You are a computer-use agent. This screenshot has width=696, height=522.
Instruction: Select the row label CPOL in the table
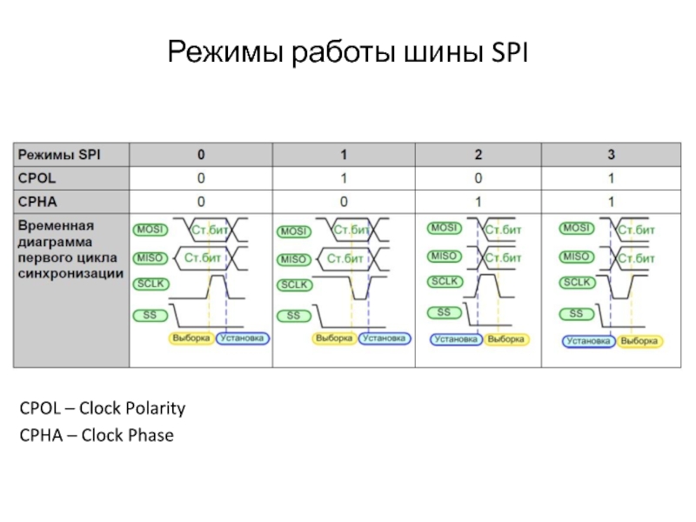pos(38,178)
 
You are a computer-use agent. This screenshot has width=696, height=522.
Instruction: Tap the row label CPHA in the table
pos(38,202)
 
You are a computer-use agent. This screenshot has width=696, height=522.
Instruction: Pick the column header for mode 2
pos(478,155)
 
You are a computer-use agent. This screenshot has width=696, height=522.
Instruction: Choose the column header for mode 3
pos(612,155)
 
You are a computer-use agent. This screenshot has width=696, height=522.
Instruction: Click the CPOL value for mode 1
pos(344,178)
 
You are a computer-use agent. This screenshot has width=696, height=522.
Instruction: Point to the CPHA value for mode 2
pos(478,202)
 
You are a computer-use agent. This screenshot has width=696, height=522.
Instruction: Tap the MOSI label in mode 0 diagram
pos(149,231)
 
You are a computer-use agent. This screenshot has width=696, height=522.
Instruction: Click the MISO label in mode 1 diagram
pos(293,258)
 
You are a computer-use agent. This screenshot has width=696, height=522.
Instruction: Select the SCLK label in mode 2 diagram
pos(444,281)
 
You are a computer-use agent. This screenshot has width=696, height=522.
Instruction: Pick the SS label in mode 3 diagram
pos(575,313)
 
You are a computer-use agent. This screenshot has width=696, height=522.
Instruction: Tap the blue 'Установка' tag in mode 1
pos(385,338)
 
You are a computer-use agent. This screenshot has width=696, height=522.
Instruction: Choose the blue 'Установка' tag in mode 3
pos(588,341)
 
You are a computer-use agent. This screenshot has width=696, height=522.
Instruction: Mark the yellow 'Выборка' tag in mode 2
pos(505,338)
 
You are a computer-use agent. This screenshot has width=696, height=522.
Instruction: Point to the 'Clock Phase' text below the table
pos(127,435)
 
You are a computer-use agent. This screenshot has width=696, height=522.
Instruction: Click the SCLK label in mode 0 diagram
pos(151,284)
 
